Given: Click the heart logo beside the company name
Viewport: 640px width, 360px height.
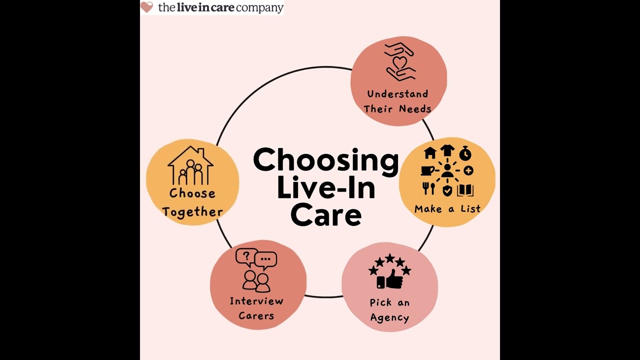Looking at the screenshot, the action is (x=146, y=7).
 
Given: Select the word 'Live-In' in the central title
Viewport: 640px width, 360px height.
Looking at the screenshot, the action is (x=325, y=188).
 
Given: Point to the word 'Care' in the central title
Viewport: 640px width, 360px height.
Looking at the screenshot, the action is (x=325, y=215).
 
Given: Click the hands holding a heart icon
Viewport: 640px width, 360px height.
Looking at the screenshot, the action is (x=399, y=61).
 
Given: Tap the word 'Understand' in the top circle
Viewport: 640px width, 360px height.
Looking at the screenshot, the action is (x=397, y=94).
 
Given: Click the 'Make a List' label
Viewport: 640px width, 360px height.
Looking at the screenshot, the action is (x=447, y=209).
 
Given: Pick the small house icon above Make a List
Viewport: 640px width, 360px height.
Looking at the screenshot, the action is (x=430, y=152).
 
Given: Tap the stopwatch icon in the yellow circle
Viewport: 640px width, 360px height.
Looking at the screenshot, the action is (x=465, y=152).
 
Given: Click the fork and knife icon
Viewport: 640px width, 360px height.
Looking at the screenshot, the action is (x=428, y=189).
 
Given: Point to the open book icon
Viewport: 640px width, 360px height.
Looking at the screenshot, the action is (x=465, y=190).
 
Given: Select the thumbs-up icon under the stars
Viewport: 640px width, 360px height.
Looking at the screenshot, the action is (x=390, y=279).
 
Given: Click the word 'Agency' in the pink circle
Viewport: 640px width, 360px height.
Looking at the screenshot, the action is (x=389, y=317).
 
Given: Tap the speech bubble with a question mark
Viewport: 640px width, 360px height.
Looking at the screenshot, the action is (x=245, y=257).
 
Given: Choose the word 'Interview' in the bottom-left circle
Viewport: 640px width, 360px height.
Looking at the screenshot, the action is (x=256, y=301).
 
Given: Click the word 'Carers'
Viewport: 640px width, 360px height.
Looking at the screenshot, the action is (x=256, y=315).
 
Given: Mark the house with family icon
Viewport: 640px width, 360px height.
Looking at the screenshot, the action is (x=190, y=166).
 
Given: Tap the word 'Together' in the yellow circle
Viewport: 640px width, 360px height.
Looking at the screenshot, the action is (x=192, y=212).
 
